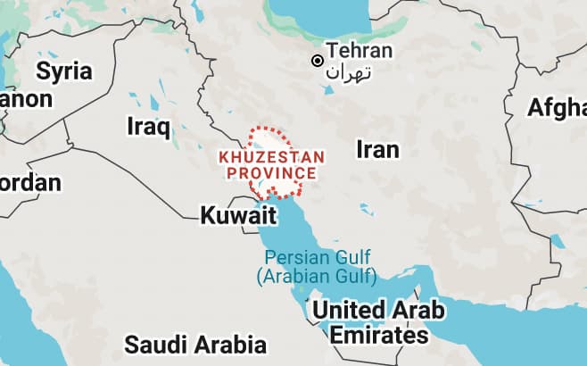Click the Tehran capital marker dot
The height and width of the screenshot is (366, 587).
point(316,61)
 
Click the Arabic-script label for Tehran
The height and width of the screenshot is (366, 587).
point(349,72)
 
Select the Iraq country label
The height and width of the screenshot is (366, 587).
point(148,126)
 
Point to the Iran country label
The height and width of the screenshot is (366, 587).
point(377,149)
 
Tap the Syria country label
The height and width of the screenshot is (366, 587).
point(64,70)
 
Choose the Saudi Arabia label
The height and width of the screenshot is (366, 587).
point(195,345)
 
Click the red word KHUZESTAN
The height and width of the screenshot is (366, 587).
point(272,156)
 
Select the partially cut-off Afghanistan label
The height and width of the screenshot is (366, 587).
point(558,107)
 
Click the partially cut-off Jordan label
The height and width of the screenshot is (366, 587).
point(30,183)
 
